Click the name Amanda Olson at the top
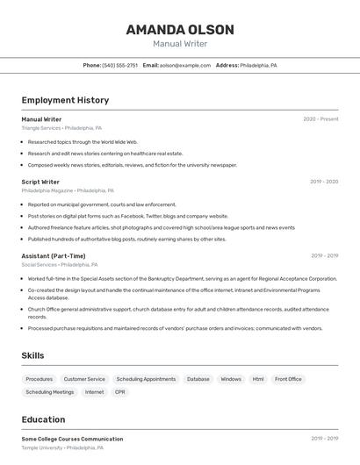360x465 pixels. coord(180,29)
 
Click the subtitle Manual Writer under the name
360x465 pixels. coord(180,44)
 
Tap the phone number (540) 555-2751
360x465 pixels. coord(120,65)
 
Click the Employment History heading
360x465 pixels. coord(65,100)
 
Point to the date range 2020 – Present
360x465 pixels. coord(320,119)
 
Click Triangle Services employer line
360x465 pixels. coord(61,128)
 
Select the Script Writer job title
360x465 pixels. coord(40,182)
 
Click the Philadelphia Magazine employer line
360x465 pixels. coord(68,190)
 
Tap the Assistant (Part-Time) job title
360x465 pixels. coord(54,256)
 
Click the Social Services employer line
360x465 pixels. coord(60,265)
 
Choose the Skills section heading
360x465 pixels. coord(33,355)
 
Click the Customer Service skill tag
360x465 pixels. coord(84,379)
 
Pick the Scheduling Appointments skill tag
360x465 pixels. coord(146,379)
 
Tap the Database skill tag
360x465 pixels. coord(198,379)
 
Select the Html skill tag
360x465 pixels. coord(258,379)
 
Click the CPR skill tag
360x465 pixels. coord(119,392)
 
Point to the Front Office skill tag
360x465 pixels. coord(288,379)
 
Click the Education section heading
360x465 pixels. coord(43,420)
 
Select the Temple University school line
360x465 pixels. coord(62,447)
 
